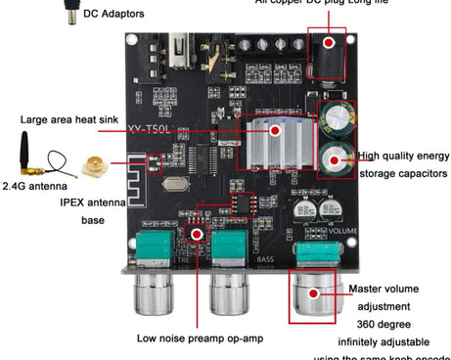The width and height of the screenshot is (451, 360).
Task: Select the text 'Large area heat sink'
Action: click(x=69, y=120)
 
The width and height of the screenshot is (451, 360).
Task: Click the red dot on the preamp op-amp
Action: click(x=197, y=235)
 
